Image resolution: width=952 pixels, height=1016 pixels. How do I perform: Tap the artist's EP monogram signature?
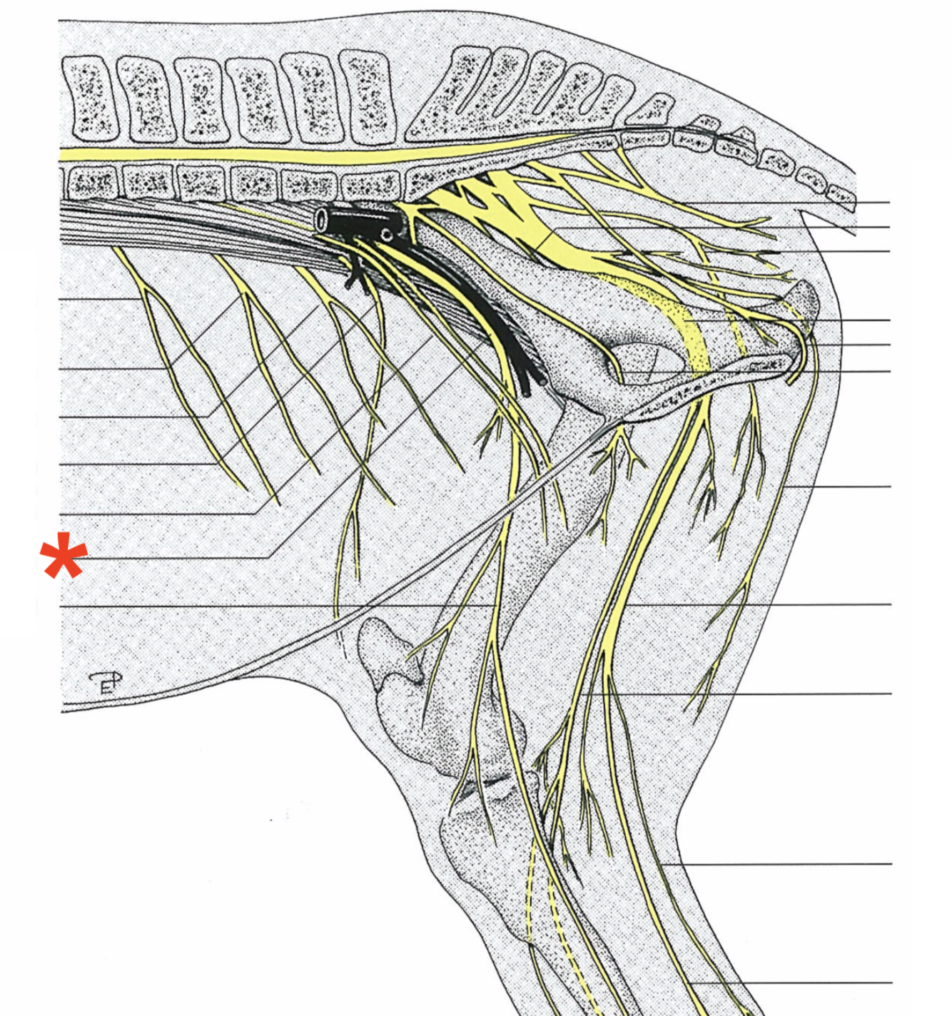click(x=106, y=683)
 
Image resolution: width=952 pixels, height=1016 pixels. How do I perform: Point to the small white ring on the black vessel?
click(x=386, y=234)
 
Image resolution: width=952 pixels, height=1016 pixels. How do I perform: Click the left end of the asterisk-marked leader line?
click(x=63, y=557)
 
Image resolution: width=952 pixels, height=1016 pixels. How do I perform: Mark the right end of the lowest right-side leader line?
click(x=891, y=982)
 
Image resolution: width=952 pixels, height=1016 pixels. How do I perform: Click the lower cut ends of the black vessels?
click(x=532, y=385)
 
